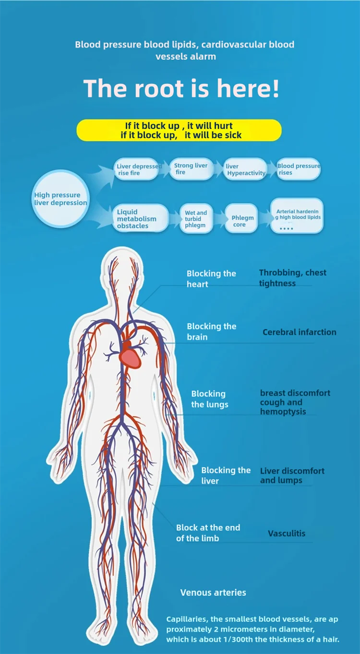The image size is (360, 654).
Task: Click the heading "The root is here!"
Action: coord(181,89)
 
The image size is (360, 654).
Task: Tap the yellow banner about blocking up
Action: coord(179,131)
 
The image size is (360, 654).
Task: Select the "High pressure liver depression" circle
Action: coord(60,199)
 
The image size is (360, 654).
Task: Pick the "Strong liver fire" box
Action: coord(191,169)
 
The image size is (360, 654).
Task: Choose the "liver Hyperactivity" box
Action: coord(246,169)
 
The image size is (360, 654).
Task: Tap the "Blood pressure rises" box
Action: coord(298,169)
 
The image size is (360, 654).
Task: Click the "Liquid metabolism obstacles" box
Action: coord(140,219)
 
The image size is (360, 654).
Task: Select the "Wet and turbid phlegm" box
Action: coord(196,219)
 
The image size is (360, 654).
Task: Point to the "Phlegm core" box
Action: coord(242,221)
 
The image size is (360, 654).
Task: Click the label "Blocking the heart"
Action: coord(211,279)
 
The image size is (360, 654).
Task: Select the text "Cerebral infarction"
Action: coord(299,332)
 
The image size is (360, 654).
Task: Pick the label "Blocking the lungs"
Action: coord(209,399)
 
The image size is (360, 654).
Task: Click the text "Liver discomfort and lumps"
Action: coord(292,476)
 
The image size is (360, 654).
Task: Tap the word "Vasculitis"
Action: coord(287,533)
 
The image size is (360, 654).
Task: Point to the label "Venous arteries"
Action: coord(213,593)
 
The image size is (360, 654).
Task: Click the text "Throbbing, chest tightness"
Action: coord(292,278)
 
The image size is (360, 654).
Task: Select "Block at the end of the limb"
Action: coord(208,533)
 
